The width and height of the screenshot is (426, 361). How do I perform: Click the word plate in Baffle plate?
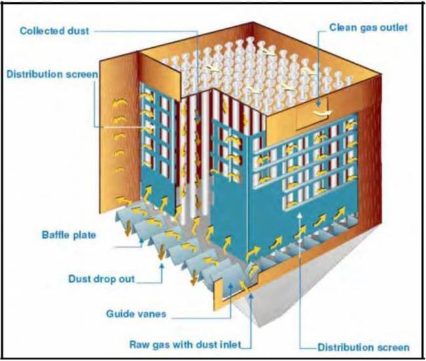coord(85,235)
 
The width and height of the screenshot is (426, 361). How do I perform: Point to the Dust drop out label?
coord(101,278)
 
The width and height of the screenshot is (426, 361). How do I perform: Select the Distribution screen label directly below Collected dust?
coord(52,74)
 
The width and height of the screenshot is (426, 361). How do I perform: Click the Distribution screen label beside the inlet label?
coord(364,347)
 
